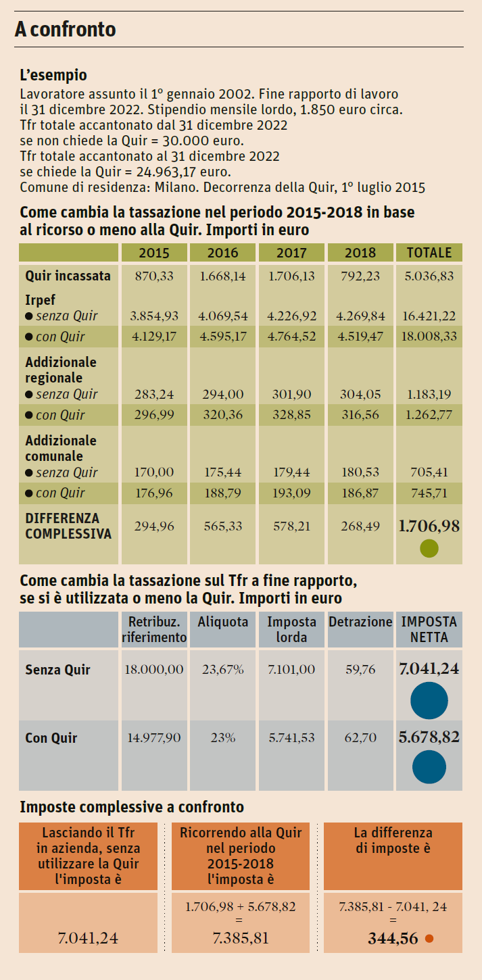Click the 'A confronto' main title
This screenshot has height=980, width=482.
[66, 30]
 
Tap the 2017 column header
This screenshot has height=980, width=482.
[291, 253]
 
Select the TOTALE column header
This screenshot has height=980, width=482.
[429, 253]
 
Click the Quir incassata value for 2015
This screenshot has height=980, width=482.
[153, 276]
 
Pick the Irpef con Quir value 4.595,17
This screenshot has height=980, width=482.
[223, 336]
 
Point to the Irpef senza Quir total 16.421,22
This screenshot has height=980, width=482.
[429, 316]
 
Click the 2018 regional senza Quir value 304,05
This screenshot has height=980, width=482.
[360, 394]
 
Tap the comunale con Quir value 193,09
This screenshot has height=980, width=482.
[291, 493]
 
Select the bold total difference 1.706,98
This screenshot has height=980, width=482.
[429, 526]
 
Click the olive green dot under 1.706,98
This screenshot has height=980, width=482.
[429, 548]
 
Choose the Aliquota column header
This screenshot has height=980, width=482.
[222, 622]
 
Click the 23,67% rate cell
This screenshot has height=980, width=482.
[222, 670]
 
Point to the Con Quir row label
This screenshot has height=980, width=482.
[51, 738]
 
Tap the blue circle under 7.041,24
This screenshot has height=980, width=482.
[429, 700]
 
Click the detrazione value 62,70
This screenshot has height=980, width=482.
[360, 738]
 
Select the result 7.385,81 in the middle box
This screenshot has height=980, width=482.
[241, 938]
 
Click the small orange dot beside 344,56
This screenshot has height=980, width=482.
[429, 938]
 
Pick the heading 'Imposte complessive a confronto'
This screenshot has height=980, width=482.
[132, 807]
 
